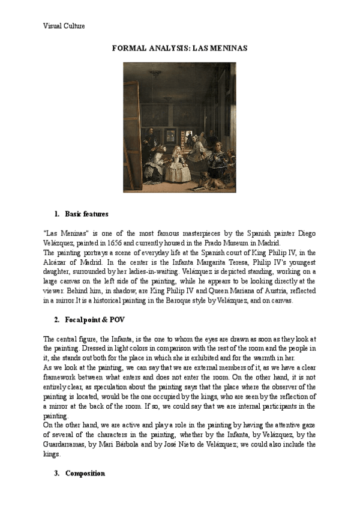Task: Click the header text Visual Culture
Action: coord(64,26)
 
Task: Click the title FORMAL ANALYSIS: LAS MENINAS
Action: coord(180,47)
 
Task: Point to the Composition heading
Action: coord(85,473)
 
